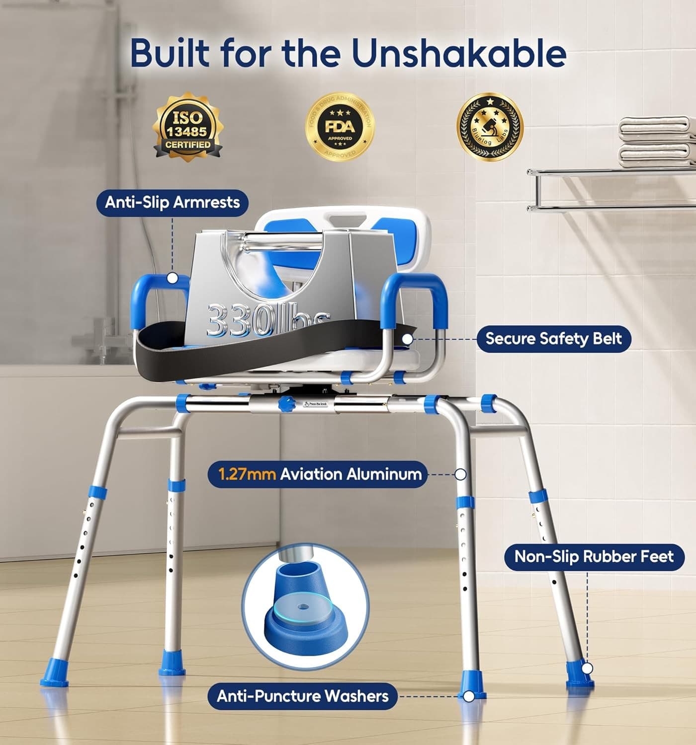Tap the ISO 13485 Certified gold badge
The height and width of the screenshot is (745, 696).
click(188, 127)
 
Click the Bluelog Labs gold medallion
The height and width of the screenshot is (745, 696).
click(490, 127)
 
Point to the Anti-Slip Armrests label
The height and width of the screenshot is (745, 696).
click(172, 203)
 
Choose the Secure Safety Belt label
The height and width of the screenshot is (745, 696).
click(553, 339)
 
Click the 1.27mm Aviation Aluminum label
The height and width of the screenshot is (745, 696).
click(317, 474)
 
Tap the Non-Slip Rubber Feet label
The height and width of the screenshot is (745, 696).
click(594, 556)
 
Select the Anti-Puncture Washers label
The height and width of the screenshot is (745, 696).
click(303, 696)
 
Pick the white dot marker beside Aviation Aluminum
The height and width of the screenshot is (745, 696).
click(460, 474)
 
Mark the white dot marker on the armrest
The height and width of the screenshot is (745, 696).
click(172, 278)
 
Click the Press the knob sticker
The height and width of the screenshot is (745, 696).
click(315, 404)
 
